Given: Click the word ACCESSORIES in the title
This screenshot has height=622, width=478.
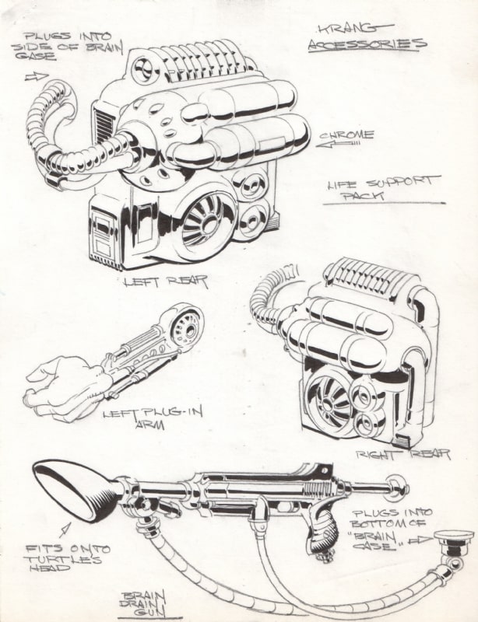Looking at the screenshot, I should tap(367, 44).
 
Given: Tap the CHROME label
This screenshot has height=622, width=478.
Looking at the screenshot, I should tap(347, 135).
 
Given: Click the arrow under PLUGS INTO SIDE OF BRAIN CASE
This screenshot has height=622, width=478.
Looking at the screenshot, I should tap(37, 77).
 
